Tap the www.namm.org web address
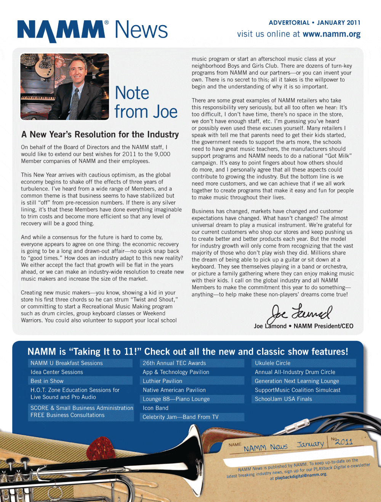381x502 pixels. pos(331,34)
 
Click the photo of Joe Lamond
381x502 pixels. pos(65,86)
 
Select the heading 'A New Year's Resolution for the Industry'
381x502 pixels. pos(100,134)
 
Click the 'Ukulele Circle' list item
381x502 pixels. pos(272,363)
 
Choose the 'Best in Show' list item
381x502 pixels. pos(47,381)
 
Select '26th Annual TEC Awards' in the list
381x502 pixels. pos(174,363)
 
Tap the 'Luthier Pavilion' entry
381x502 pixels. pos(162,381)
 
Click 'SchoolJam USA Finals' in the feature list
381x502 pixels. pos(283,399)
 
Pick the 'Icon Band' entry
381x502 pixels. pos(155,408)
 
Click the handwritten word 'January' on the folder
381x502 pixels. pos(310,444)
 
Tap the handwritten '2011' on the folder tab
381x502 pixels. pos(344,442)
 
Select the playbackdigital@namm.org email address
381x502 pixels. pos(301,476)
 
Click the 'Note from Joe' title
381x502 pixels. pos(146,102)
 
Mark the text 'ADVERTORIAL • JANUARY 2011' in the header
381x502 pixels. pos(314,23)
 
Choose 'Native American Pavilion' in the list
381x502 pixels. pos(174,390)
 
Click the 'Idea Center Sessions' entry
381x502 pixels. pos(57,372)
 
